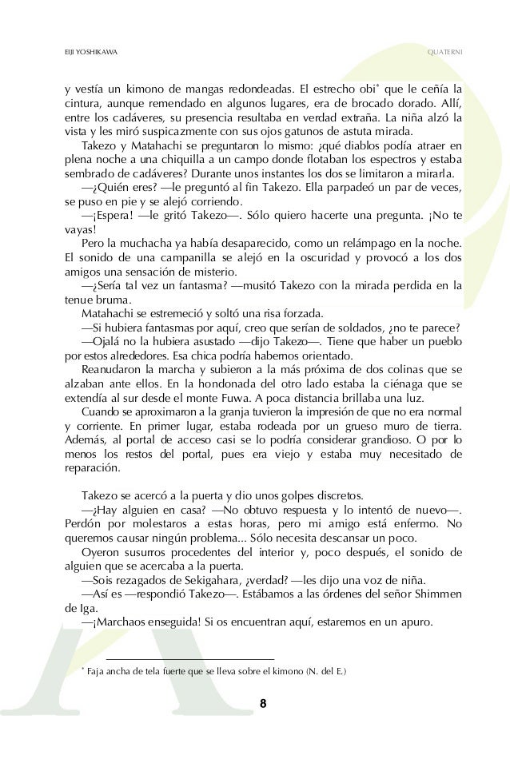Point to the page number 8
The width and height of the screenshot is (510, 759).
coord(263,703)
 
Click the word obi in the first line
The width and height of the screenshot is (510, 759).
coord(370,88)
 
